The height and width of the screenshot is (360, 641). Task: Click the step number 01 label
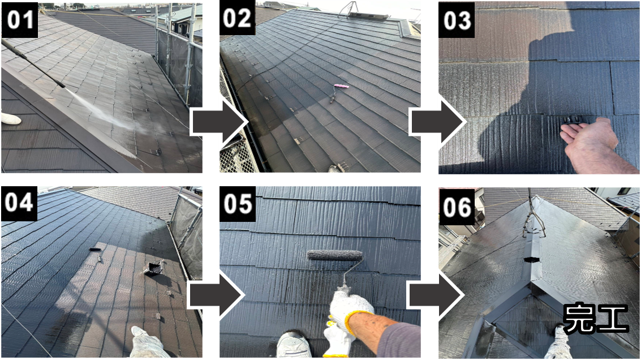pyautogui.click(x=20, y=20)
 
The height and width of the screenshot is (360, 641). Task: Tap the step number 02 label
pyautogui.click(x=238, y=19)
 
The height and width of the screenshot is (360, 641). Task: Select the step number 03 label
pyautogui.click(x=457, y=20)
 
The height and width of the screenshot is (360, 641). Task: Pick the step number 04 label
pyautogui.click(x=19, y=203)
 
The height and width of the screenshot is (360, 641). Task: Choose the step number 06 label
pyautogui.click(x=457, y=207)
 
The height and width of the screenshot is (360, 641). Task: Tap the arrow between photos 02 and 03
pyautogui.click(x=438, y=122)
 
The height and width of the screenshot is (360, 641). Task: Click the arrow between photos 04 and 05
pyautogui.click(x=217, y=295)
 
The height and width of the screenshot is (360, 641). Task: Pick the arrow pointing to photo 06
pyautogui.click(x=436, y=295)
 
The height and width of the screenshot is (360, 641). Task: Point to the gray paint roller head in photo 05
pyautogui.click(x=335, y=255)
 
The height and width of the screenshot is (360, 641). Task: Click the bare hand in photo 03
pyautogui.click(x=593, y=144)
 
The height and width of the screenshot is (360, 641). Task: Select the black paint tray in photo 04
pyautogui.click(x=153, y=268)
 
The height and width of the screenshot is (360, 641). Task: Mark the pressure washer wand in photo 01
pyautogui.click(x=33, y=63)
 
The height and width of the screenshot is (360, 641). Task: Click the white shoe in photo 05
pyautogui.click(x=294, y=345)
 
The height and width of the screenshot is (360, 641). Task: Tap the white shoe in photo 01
pyautogui.click(x=11, y=118)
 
